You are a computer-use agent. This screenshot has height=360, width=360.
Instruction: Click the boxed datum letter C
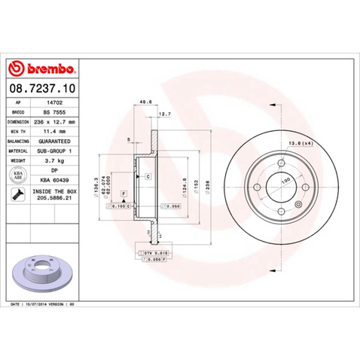tap(148, 175)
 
